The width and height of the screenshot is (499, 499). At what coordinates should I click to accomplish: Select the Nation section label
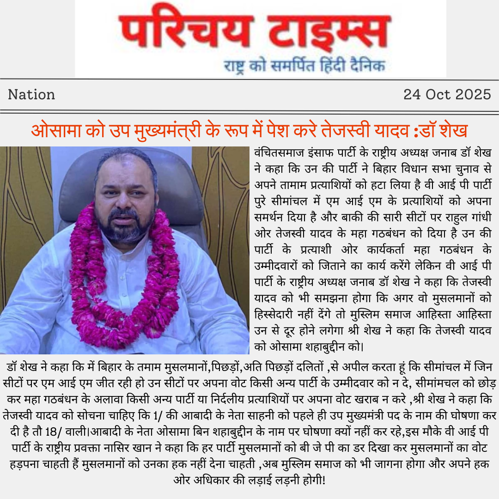(x=31, y=95)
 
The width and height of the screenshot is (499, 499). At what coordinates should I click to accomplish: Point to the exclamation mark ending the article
(x=324, y=481)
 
